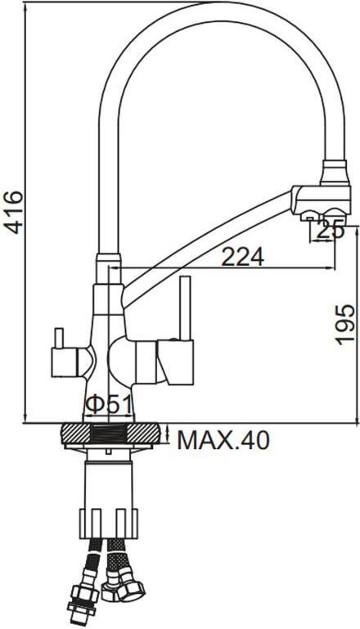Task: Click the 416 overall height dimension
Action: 14,212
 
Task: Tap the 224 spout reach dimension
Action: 243,257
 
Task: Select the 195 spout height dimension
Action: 344,324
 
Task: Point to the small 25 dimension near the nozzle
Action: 331,231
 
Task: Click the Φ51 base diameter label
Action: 108,406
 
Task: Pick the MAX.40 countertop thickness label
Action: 223,441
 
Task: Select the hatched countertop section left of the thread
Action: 76,434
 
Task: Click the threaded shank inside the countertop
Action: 108,434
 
